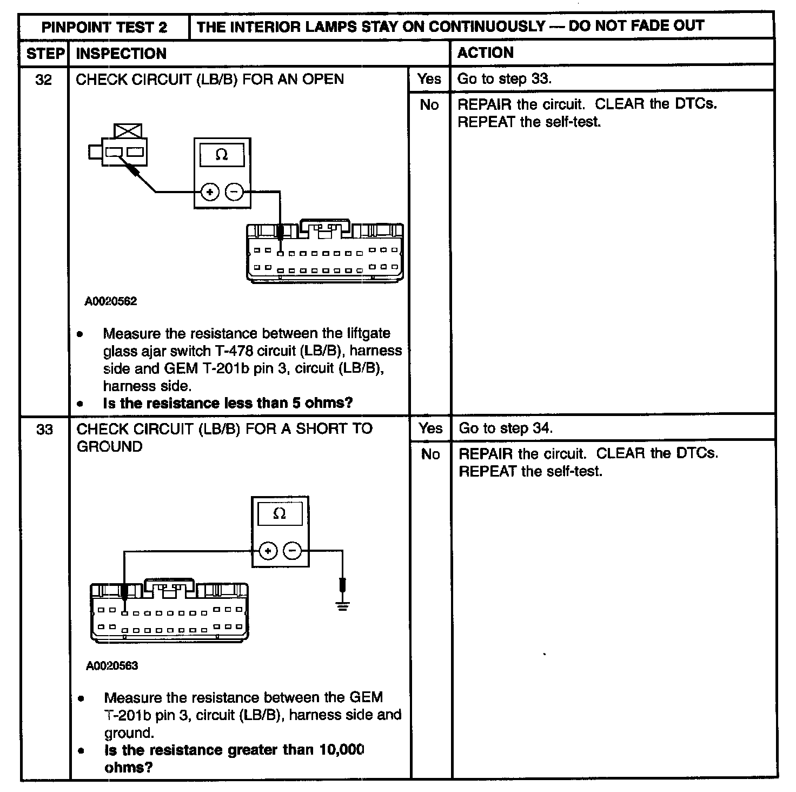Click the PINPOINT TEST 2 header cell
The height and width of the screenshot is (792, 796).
[x=104, y=27]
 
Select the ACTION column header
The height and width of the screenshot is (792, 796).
[x=485, y=53]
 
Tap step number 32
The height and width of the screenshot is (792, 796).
[x=44, y=80]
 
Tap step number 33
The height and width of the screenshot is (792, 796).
[x=44, y=430]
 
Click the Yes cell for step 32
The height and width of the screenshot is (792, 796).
[x=429, y=79]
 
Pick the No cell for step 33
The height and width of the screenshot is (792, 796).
[x=430, y=454]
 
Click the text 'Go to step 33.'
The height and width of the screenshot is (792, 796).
[x=504, y=79]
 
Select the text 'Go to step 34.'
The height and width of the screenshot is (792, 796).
[x=505, y=428]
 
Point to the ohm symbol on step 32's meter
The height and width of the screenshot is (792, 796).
[x=222, y=155]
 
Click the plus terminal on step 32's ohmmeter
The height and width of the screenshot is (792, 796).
[x=210, y=192]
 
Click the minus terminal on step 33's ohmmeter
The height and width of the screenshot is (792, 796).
[x=293, y=551]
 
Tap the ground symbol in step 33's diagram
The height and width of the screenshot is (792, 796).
[x=342, y=605]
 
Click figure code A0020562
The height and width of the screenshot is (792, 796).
[x=111, y=301]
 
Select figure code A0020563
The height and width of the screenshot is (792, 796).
[x=112, y=665]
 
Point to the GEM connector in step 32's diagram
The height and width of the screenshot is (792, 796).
[x=324, y=252]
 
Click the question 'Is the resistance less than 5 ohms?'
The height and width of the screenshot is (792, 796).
[x=228, y=403]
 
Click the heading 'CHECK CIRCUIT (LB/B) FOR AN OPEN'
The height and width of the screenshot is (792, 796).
[x=210, y=80]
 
